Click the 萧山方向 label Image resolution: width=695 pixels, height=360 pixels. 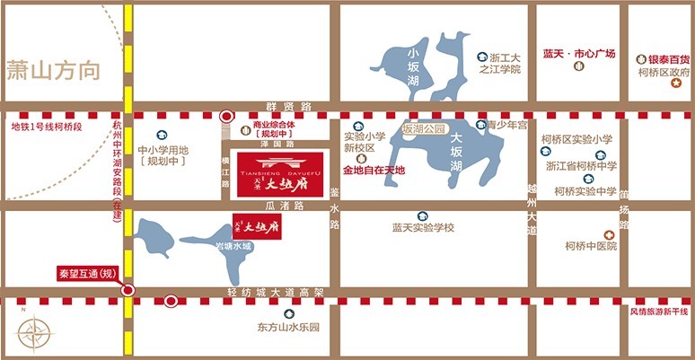tap(52, 70)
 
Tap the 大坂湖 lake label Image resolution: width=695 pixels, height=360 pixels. tap(456, 152)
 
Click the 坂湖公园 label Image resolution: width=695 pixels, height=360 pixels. tap(424, 129)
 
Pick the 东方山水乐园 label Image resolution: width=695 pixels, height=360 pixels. tap(287, 328)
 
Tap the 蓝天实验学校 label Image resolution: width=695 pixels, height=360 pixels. tap(424, 228)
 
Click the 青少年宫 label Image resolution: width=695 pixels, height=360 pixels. tap(506, 127)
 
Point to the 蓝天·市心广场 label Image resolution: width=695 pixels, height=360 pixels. tap(578, 55)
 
